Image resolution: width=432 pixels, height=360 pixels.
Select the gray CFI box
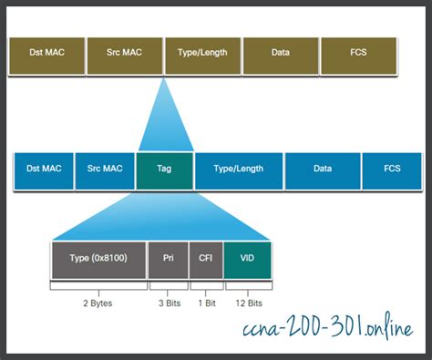(x=205, y=259)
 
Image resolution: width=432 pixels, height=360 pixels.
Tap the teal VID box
(x=246, y=259)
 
